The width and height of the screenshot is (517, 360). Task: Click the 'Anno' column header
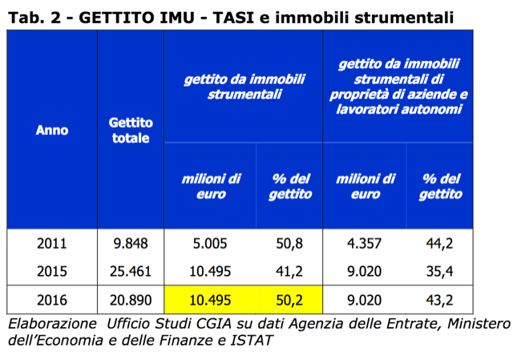point(51,130)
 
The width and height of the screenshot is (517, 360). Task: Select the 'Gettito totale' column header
point(130,130)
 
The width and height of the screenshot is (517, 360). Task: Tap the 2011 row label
point(51,244)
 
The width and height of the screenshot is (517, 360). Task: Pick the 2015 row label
point(51,272)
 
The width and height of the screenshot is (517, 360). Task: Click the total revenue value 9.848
point(130,244)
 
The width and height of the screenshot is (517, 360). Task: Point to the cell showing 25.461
point(130,272)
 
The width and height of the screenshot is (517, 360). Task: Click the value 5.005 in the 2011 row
point(210,244)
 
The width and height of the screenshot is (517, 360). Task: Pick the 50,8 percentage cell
point(289,244)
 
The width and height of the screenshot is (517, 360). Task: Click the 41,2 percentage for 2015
point(289,272)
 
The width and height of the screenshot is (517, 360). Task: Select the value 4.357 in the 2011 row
point(366,244)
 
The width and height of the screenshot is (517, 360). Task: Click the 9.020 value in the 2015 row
point(366,272)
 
